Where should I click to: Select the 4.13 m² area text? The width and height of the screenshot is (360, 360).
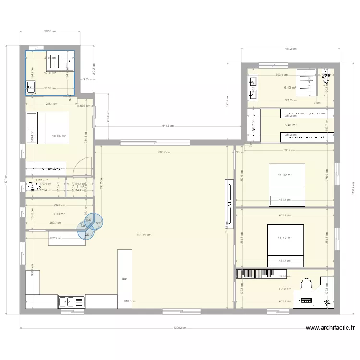(50, 73)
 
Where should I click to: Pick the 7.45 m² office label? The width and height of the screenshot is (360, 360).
(285, 289)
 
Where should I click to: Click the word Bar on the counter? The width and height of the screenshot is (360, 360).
(124, 278)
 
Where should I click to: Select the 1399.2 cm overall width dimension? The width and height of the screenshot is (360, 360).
(180, 329)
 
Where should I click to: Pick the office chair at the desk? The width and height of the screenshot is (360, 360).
(308, 287)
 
